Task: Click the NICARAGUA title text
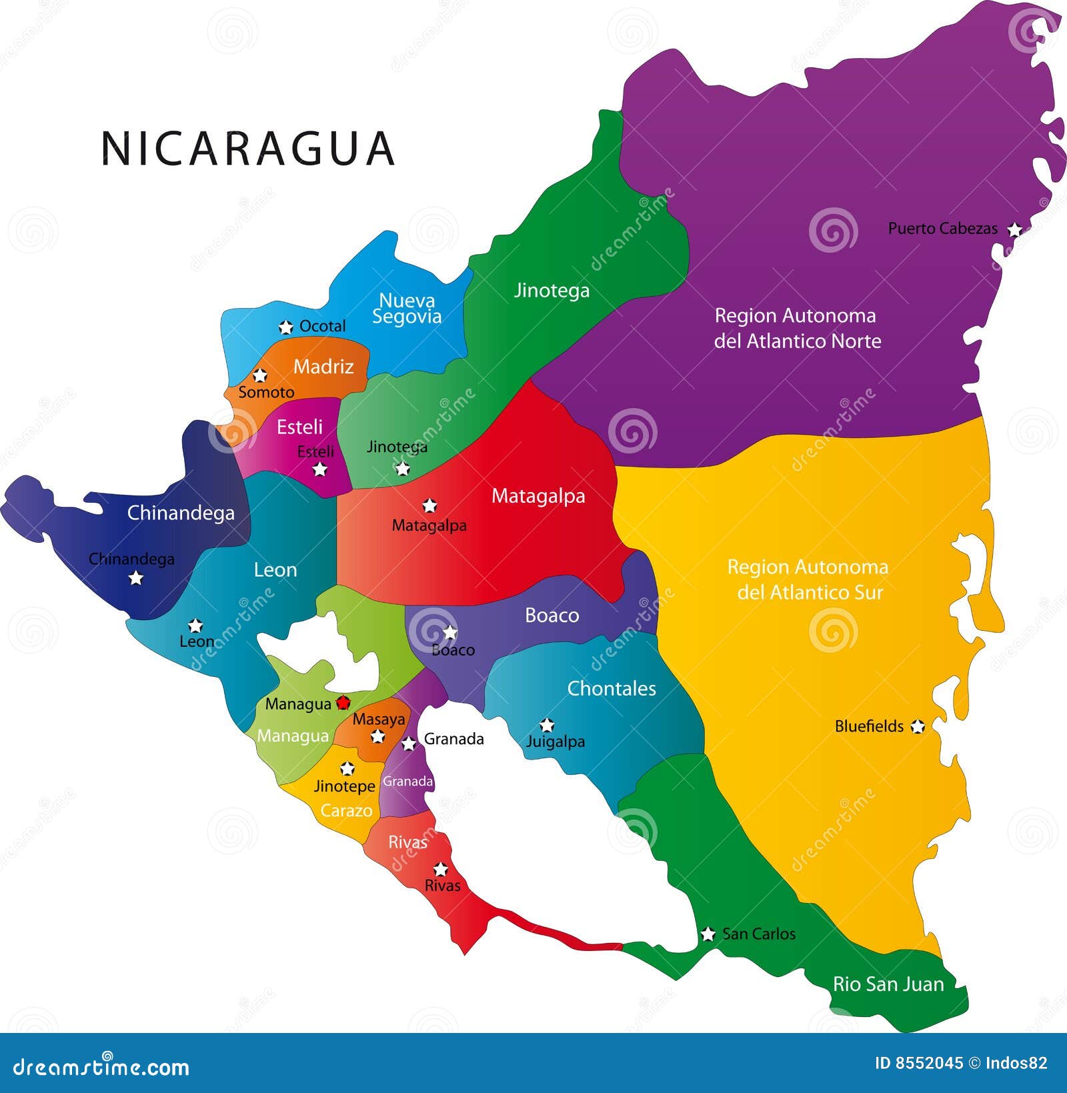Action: point(247,148)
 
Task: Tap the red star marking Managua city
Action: point(343,702)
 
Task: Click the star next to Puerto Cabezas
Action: point(1014,230)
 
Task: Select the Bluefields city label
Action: point(869,726)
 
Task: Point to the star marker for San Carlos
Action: point(708,934)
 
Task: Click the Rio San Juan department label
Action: point(888,984)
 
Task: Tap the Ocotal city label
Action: point(322,326)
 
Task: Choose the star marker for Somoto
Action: point(260,375)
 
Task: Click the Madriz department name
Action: point(323,366)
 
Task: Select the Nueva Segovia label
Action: point(407,308)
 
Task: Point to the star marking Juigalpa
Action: point(547,725)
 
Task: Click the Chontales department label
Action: point(612,688)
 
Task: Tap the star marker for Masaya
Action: point(377,736)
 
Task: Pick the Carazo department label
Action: point(346,810)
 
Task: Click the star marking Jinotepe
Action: point(347,769)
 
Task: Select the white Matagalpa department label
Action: point(538,495)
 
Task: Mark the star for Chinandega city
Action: point(136,578)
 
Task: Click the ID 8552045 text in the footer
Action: point(918,1063)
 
